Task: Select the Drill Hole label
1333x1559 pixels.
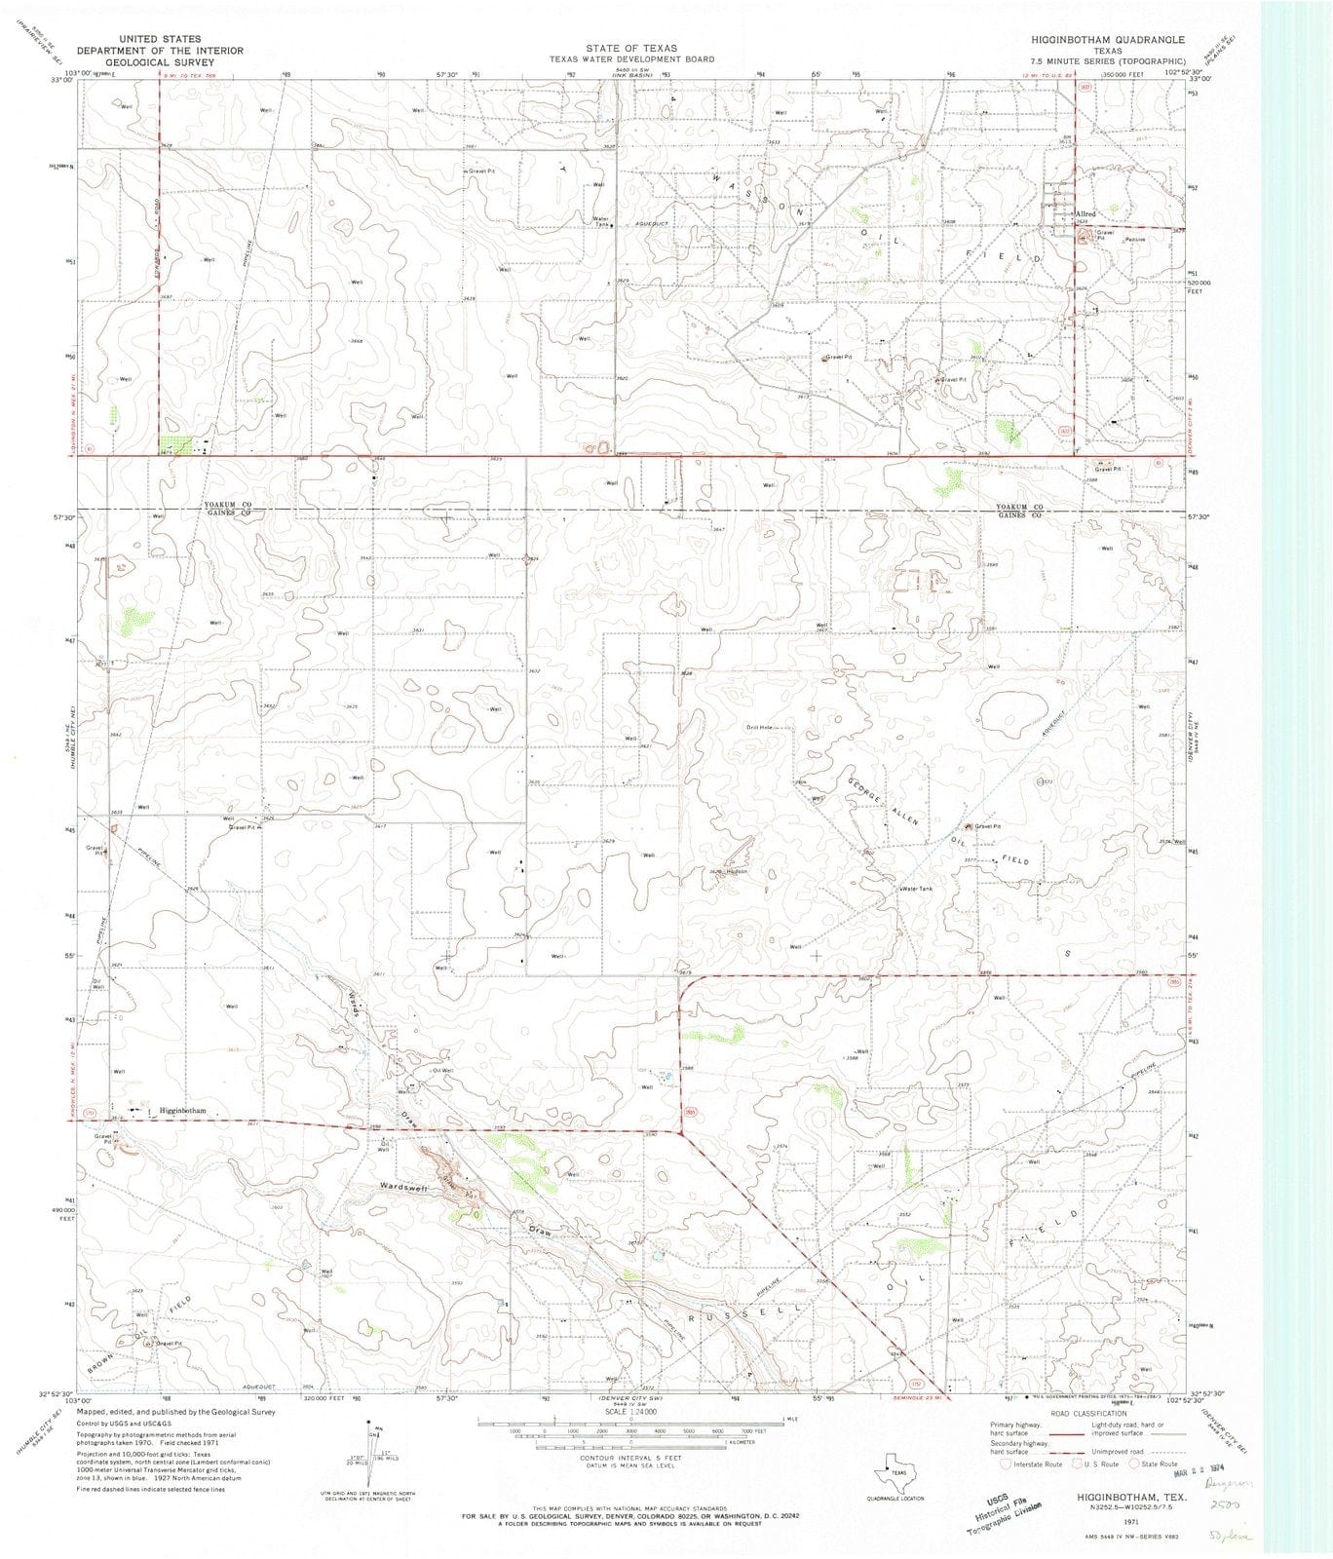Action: click(759, 728)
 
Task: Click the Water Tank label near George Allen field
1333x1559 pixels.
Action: click(916, 889)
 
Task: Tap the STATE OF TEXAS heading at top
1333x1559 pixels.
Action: click(631, 48)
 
